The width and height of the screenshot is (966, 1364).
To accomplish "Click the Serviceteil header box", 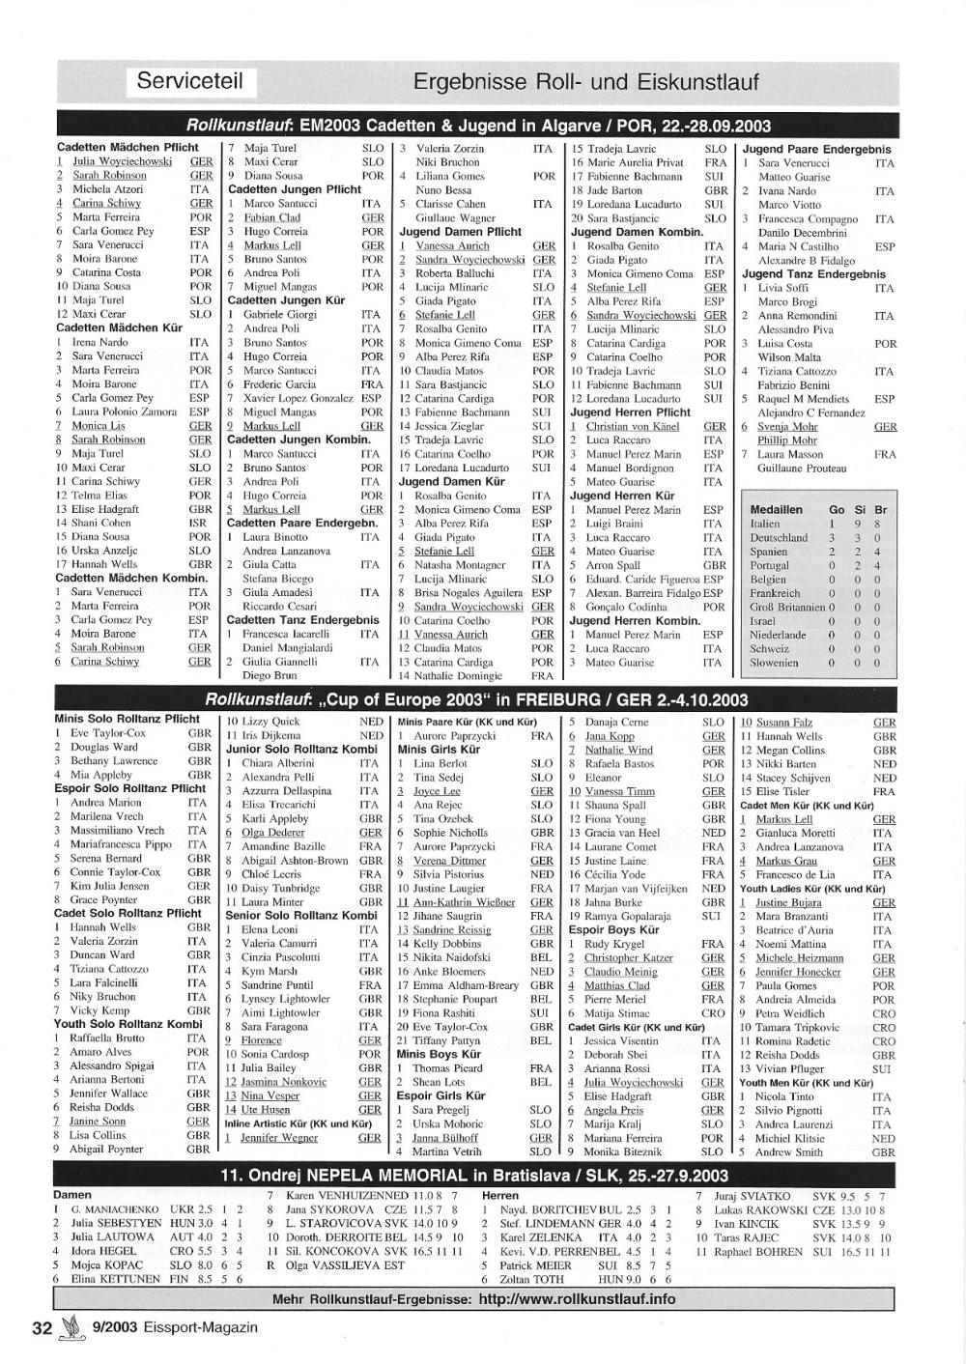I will point(189,81).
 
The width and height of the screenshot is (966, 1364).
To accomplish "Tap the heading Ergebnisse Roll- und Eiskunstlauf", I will point(585,82).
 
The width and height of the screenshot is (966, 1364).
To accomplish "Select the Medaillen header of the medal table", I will point(776,509).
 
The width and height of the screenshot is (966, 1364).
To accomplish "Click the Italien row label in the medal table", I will point(765,524).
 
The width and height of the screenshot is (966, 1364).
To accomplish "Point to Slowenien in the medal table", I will point(774,663).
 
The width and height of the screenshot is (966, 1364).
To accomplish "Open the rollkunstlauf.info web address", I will point(577,1298).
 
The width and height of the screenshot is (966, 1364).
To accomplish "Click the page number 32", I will point(42,1327).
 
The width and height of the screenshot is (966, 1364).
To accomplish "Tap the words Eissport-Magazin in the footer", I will point(199,1327).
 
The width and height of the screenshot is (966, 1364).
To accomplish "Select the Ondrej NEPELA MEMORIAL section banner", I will point(474,1176).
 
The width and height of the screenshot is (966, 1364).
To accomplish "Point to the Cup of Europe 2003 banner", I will point(476,699).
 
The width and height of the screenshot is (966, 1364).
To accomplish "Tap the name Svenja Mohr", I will point(786,426).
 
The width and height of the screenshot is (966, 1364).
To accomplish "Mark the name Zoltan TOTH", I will point(531,1279).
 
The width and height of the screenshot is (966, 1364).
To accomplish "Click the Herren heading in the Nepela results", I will point(499,1195).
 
